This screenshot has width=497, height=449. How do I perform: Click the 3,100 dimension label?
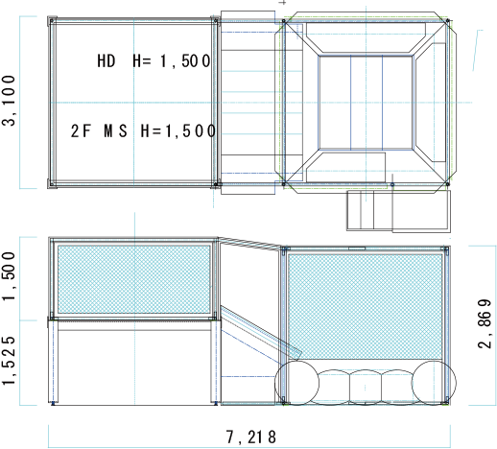click(9, 101)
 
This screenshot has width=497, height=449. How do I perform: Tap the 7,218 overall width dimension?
click(251, 437)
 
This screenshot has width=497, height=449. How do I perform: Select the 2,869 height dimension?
click(485, 323)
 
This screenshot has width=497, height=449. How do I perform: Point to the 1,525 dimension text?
click(9, 361)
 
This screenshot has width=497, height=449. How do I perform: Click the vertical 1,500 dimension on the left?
click(9, 276)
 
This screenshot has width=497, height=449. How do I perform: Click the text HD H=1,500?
click(154, 60)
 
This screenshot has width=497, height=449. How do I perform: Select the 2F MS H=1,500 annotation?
click(143, 130)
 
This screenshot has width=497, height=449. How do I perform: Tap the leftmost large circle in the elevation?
click(296, 383)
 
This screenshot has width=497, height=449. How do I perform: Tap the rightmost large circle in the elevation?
click(434, 383)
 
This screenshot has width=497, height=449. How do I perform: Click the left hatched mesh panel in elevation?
click(134, 279)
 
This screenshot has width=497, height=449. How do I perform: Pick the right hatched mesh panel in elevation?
click(365, 306)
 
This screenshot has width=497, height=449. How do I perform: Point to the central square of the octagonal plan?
click(366, 103)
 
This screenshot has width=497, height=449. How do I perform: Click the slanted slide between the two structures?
click(261, 331)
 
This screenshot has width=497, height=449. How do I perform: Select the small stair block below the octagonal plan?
click(398, 211)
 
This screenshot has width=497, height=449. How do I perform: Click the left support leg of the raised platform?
click(54, 362)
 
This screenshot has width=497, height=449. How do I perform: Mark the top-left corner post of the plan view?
click(52, 21)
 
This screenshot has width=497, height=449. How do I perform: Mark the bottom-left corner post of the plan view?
click(52, 184)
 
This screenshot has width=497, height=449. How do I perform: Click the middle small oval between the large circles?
click(365, 387)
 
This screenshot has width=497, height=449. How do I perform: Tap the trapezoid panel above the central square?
click(366, 37)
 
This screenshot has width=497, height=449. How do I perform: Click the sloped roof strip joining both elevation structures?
click(250, 243)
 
